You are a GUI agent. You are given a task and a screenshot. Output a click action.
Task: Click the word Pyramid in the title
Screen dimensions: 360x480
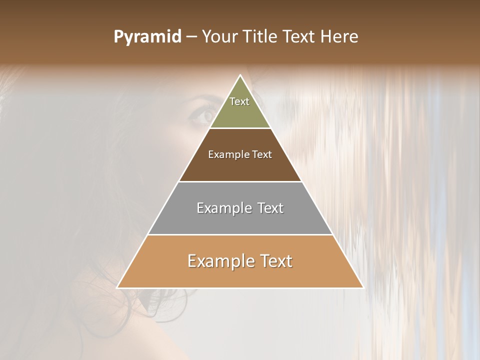[x=147, y=37]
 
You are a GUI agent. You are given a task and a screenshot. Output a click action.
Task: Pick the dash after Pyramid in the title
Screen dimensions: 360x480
[x=191, y=37]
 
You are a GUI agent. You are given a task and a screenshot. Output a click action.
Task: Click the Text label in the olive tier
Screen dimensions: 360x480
[x=239, y=101]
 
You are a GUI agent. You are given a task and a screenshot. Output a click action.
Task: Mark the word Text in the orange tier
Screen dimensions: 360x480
[x=274, y=261]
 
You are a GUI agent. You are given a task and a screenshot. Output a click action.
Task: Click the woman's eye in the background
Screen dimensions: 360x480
[x=204, y=116]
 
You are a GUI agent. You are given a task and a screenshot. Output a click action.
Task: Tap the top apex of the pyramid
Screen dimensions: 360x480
[x=240, y=75]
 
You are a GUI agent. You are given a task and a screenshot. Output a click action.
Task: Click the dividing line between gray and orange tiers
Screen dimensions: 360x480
[x=240, y=234]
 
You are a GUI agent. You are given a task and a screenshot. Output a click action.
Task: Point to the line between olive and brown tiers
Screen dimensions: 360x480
[x=240, y=128]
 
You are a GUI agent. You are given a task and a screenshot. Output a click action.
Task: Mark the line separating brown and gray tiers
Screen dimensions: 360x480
[x=240, y=181]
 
